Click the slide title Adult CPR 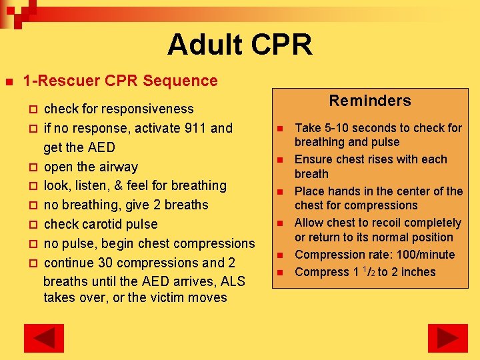tap(239, 45)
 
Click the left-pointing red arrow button tap(43, 338)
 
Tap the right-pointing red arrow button tap(447, 338)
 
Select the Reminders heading tap(370, 101)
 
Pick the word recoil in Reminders tap(382, 223)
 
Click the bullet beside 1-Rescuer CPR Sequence tap(9, 81)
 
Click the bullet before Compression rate tap(281, 255)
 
